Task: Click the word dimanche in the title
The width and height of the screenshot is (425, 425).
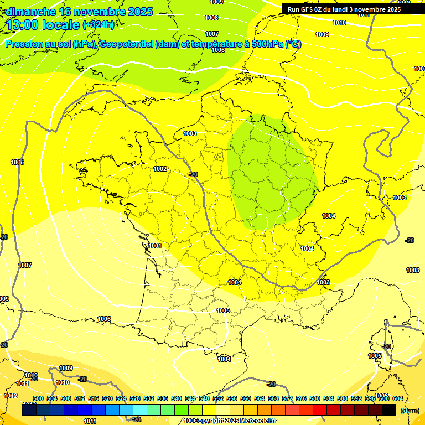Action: click(x=31, y=12)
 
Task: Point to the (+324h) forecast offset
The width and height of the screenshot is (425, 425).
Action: click(x=99, y=24)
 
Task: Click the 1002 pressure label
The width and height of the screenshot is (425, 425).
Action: click(x=160, y=169)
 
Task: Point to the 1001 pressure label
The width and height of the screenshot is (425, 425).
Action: click(x=155, y=246)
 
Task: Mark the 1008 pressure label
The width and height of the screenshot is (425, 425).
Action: click(x=211, y=18)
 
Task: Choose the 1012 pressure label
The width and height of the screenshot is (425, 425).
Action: click(x=11, y=396)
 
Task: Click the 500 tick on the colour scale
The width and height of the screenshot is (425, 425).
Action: click(x=38, y=398)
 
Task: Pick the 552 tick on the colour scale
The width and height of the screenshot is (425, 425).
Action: click(x=218, y=398)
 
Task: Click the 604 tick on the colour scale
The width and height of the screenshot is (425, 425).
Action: click(x=397, y=398)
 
